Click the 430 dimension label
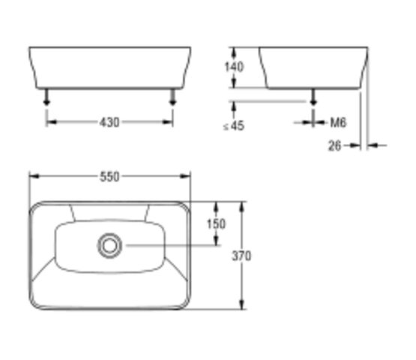(x=109, y=122)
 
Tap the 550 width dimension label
(x=109, y=177)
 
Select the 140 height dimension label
(x=235, y=67)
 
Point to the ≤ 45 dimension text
(x=234, y=126)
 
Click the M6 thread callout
(x=337, y=122)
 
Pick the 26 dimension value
(x=334, y=145)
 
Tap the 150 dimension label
(x=216, y=223)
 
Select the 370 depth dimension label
(x=241, y=256)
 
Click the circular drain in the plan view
(x=109, y=244)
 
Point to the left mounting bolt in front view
(x=47, y=96)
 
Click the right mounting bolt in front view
(x=173, y=96)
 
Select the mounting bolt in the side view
(x=313, y=96)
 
